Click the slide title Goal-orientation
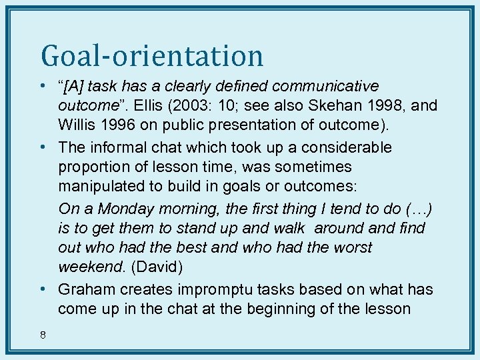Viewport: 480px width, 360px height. [152, 55]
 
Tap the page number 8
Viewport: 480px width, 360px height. [43, 335]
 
